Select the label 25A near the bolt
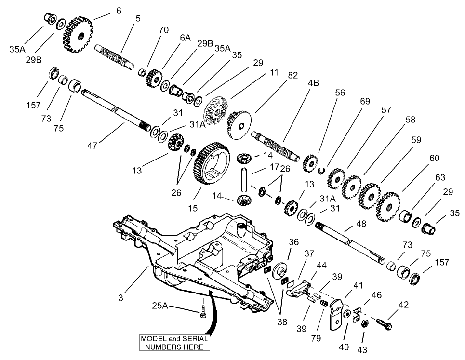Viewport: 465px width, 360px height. (161, 306)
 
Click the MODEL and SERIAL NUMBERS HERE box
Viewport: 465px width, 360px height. (174, 343)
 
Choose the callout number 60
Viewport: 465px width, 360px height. (421, 158)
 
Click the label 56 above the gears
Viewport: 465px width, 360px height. (340, 93)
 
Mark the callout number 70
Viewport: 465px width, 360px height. (163, 30)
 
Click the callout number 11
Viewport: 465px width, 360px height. (274, 72)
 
